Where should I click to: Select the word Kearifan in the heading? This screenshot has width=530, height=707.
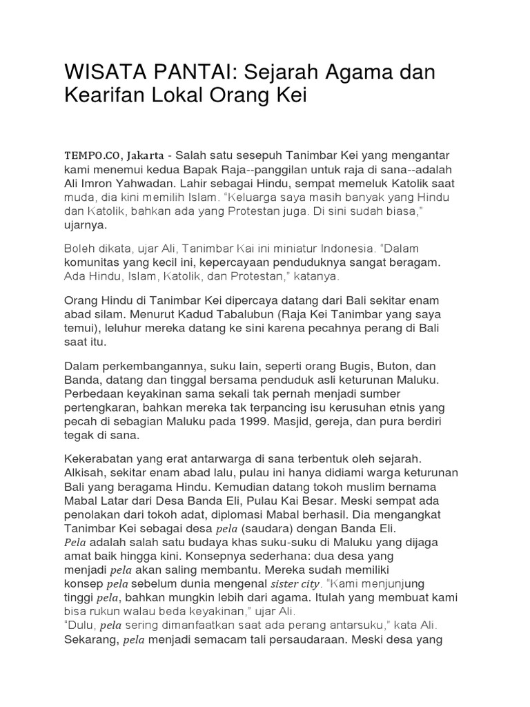pyautogui.click(x=104, y=97)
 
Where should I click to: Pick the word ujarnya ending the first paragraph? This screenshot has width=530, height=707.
pyautogui.click(x=86, y=225)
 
